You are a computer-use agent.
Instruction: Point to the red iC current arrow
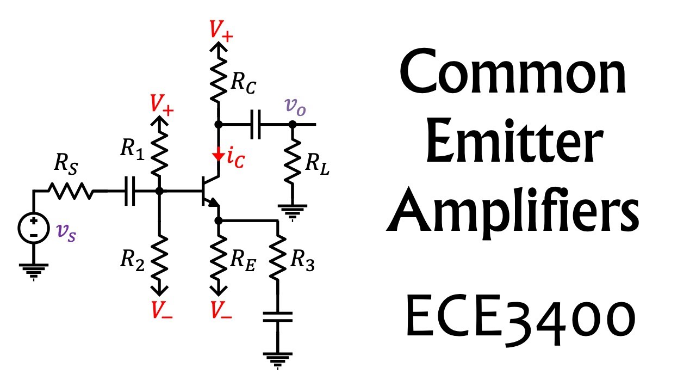point(218,156)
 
